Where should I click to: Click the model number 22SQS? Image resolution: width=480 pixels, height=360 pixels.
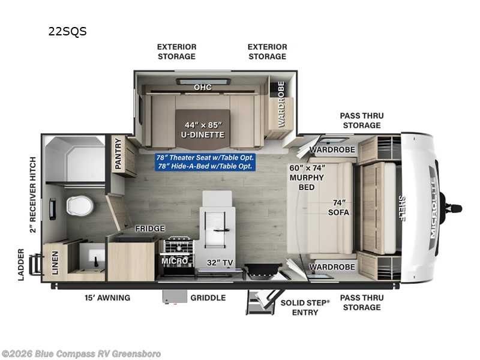tap(67, 31)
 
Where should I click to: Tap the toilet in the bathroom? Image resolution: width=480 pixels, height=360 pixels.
tap(80, 205)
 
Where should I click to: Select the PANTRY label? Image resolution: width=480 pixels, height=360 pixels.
tap(118, 154)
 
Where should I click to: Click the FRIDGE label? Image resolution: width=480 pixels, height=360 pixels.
tap(150, 229)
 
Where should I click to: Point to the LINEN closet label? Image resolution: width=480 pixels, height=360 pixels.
tap(55, 263)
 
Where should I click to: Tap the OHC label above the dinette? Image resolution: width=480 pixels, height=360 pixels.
tap(203, 87)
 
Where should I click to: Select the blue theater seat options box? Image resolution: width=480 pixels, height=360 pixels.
tap(205, 162)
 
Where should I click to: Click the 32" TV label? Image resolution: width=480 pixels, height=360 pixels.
tap(220, 263)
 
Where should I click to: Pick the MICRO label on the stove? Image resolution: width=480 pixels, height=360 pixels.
tap(175, 261)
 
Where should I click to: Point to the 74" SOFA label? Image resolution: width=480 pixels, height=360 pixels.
tap(338, 207)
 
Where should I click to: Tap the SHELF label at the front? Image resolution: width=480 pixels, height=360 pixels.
tap(401, 208)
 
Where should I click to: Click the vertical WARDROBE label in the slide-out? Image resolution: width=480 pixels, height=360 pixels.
tap(281, 104)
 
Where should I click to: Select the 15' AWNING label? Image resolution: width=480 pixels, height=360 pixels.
tap(107, 298)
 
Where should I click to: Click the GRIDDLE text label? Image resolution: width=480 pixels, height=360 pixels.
tap(208, 298)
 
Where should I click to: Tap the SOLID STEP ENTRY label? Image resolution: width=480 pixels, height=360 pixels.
tap(305, 307)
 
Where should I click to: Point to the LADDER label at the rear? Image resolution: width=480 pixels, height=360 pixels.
tap(21, 265)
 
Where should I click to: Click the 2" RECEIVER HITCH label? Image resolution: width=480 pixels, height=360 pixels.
tap(33, 194)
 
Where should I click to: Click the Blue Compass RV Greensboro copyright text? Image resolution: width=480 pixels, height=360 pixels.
tap(81, 354)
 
